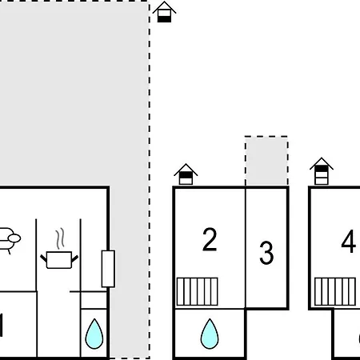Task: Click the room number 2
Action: pyautogui.click(x=210, y=239)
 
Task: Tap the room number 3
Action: pyautogui.click(x=266, y=253)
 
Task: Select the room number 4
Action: pyautogui.click(x=349, y=242)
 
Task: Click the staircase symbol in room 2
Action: pyautogui.click(x=198, y=291)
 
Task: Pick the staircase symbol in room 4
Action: pyautogui.click(x=335, y=291)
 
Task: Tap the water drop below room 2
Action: pyautogui.click(x=210, y=334)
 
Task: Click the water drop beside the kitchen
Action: pyautogui.click(x=94, y=334)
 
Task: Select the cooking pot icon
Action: pyautogui.click(x=59, y=259)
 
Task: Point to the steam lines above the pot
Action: pyautogui.click(x=60, y=238)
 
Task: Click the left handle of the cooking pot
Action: pyautogui.click(x=43, y=258)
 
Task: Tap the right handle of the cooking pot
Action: pyautogui.click(x=75, y=258)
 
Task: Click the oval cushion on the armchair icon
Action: pyautogui.click(x=14, y=238)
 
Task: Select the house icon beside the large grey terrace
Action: pyautogui.click(x=164, y=12)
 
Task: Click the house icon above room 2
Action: pyautogui.click(x=186, y=174)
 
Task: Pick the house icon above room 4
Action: pyautogui.click(x=322, y=171)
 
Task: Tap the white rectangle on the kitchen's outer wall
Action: pyautogui.click(x=108, y=269)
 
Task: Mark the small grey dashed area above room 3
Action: pyautogui.click(x=266, y=161)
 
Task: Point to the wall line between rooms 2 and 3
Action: pyautogui.click(x=246, y=248)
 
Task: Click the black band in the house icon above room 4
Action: pyautogui.click(x=322, y=169)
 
